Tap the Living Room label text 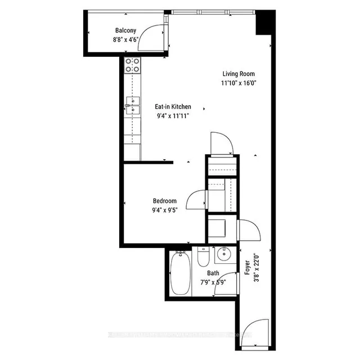coord(238,74)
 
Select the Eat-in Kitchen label coord(173,106)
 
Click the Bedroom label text coord(165,201)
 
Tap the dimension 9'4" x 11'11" coord(173,116)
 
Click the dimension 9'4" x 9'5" coord(165,210)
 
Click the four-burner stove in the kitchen coord(133,65)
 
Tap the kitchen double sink coord(133,105)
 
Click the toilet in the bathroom coord(203,258)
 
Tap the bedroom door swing coord(197,199)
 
